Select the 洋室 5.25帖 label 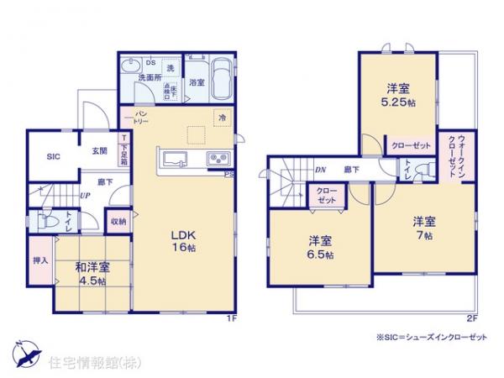coord(398,93)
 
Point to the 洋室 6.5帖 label coord(320,247)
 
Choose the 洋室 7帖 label coord(423,229)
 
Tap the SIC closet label coord(53,156)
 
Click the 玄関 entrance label coord(99,151)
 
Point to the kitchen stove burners coord(218,159)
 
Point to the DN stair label coord(322,171)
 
